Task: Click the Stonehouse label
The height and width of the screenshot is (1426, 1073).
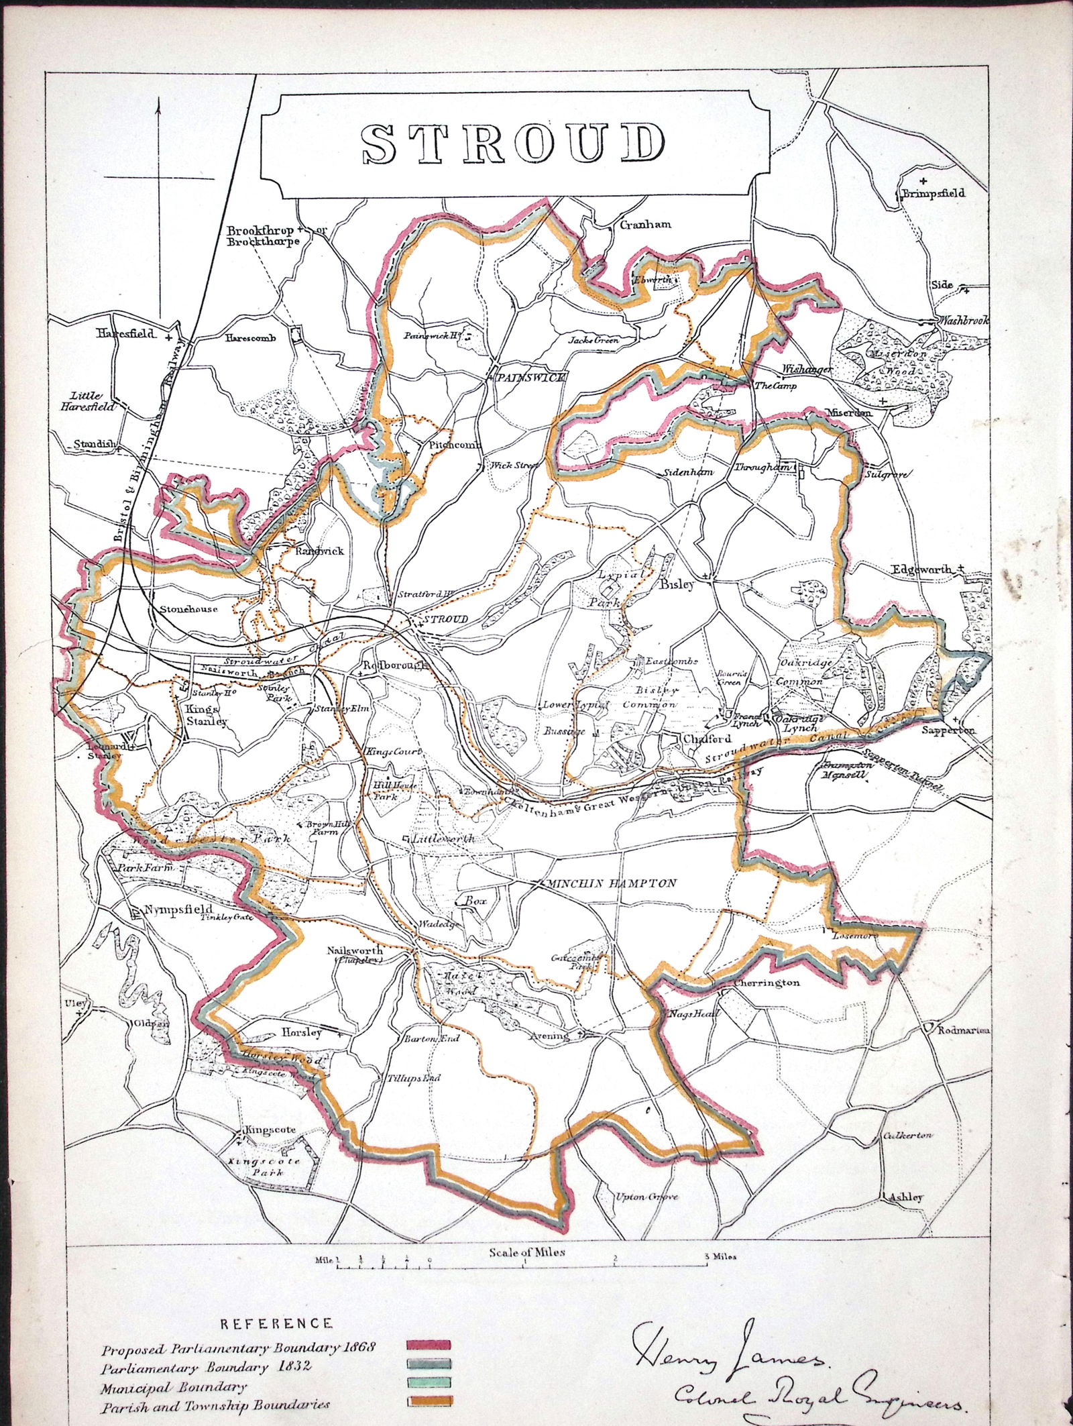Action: coord(189,610)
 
